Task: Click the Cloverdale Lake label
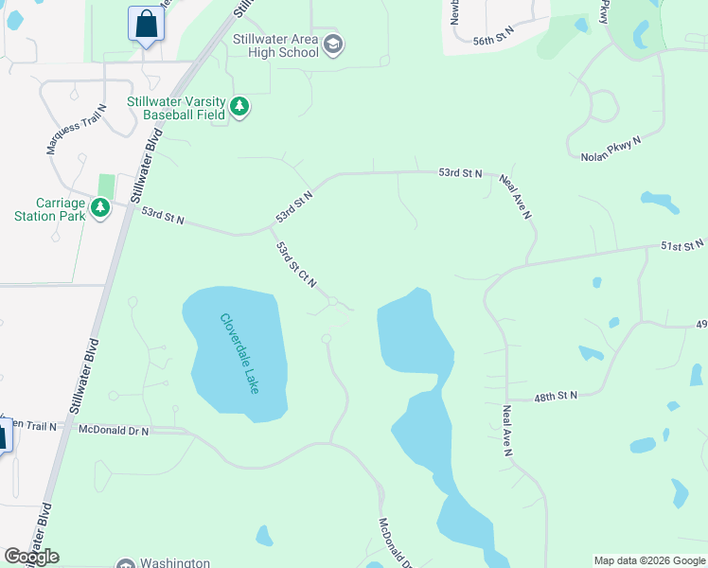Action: pyautogui.click(x=239, y=353)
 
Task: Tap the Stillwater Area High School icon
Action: pyautogui.click(x=333, y=44)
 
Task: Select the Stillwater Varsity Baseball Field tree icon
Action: pyautogui.click(x=240, y=107)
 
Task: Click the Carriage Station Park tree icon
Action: pyautogui.click(x=100, y=207)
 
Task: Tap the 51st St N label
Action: pyautogui.click(x=682, y=245)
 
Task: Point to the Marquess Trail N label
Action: pyautogui.click(x=78, y=130)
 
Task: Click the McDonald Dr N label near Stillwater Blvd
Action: pyautogui.click(x=114, y=431)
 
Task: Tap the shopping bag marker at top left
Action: pyautogui.click(x=146, y=25)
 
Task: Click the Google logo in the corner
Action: pyautogui.click(x=31, y=556)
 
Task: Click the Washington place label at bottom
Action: pyautogui.click(x=175, y=562)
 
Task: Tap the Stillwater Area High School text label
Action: pyautogui.click(x=275, y=45)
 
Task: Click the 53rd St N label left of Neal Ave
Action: pyautogui.click(x=460, y=174)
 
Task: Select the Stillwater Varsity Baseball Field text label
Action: pyautogui.click(x=176, y=107)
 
